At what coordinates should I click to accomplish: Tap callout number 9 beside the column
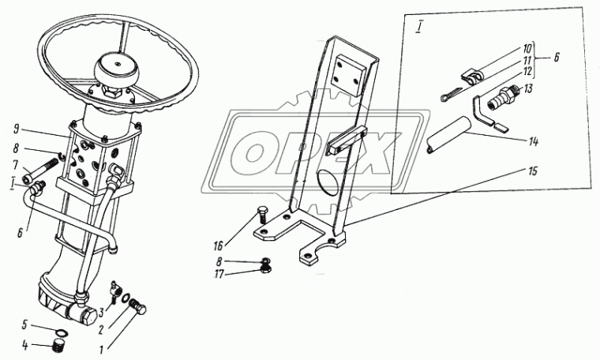pyautogui.click(x=16, y=129)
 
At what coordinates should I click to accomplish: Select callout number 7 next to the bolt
pyautogui.click(x=16, y=166)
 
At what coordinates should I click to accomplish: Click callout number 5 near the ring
pyautogui.click(x=24, y=325)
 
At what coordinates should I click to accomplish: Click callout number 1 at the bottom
pyautogui.click(x=101, y=350)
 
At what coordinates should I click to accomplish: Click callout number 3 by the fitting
pyautogui.click(x=101, y=313)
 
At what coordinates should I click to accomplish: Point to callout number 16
pyautogui.click(x=218, y=245)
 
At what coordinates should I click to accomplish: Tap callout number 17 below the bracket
pyautogui.click(x=219, y=275)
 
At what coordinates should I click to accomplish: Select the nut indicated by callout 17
pyautogui.click(x=265, y=269)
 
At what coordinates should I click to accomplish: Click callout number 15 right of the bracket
pyautogui.click(x=533, y=171)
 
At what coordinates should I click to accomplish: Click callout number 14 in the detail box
pyautogui.click(x=534, y=142)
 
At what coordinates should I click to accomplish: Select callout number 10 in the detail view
pyautogui.click(x=527, y=50)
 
